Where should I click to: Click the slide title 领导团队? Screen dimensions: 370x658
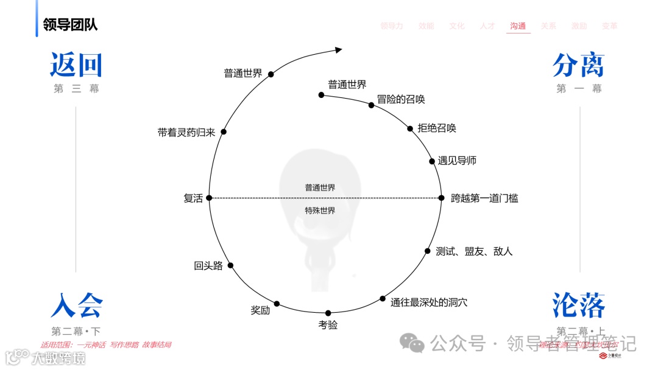(x=70, y=25)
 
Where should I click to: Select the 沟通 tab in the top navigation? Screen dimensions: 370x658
(x=518, y=26)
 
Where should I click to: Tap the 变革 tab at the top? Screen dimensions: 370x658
(x=609, y=26)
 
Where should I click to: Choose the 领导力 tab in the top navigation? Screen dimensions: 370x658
(x=392, y=26)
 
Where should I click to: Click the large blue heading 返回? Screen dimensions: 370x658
(x=76, y=65)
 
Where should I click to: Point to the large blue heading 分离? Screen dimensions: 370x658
(x=578, y=65)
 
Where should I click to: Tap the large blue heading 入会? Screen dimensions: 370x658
(x=77, y=305)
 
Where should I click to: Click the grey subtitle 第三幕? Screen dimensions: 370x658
(x=76, y=89)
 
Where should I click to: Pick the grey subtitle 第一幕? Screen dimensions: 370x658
(x=579, y=89)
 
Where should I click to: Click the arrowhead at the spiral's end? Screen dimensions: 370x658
(x=339, y=50)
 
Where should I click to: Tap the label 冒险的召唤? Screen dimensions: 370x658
(x=400, y=100)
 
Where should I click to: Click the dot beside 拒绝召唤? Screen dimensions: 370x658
(x=410, y=128)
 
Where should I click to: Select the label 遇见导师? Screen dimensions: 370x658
(x=457, y=161)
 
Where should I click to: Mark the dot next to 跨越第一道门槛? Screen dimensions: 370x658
(x=442, y=198)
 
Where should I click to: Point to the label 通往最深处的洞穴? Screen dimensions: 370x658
(x=429, y=302)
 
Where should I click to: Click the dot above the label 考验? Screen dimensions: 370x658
(x=328, y=313)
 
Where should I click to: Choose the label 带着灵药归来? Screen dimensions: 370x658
(x=186, y=133)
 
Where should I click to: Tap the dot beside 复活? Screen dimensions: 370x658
(x=208, y=198)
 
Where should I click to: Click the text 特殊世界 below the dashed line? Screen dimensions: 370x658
(x=320, y=211)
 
